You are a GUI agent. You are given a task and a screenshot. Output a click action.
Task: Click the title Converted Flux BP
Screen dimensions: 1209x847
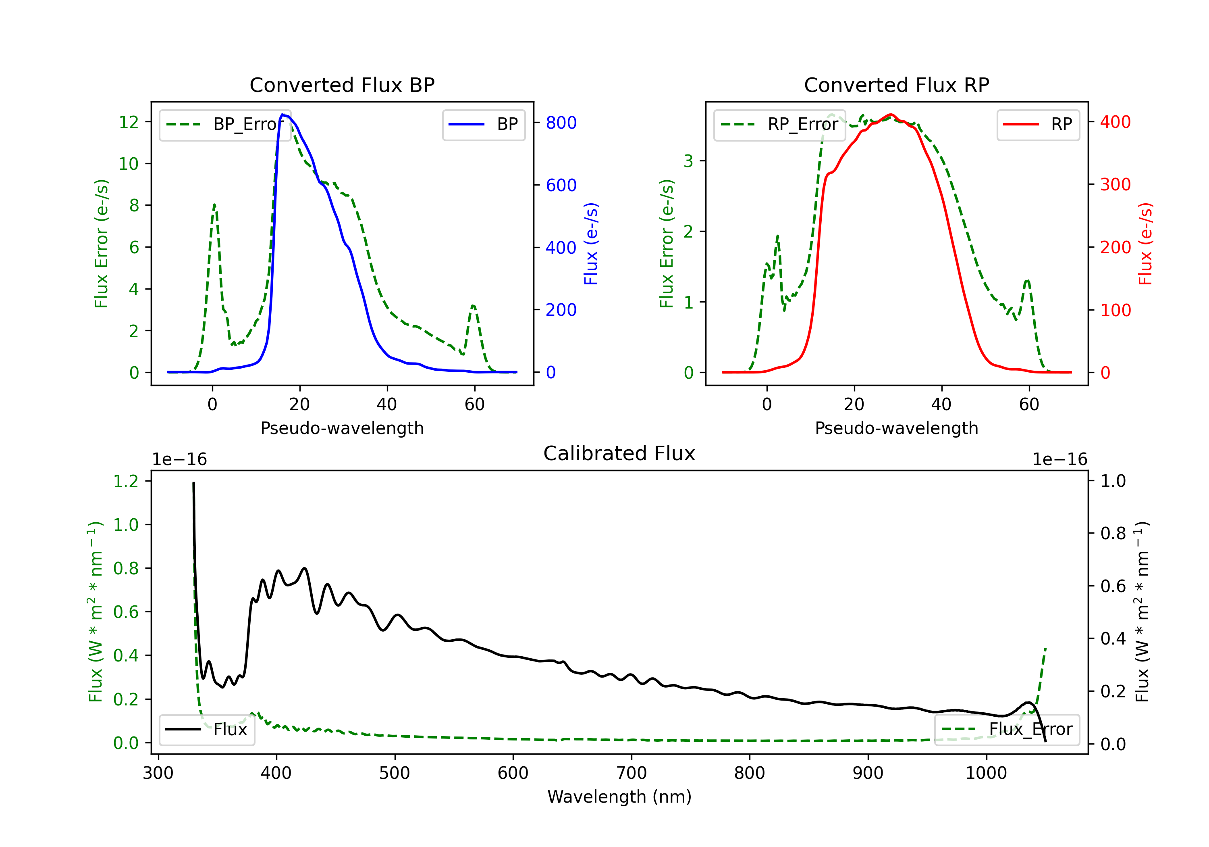click(x=342, y=85)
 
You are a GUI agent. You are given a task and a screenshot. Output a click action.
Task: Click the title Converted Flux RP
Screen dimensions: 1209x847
click(x=896, y=85)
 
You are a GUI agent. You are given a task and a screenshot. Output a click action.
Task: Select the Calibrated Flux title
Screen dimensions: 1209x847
click(x=619, y=453)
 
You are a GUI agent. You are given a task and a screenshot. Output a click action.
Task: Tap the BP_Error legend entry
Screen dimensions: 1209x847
click(x=225, y=124)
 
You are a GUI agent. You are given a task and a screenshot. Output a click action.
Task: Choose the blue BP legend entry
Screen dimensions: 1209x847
click(x=483, y=124)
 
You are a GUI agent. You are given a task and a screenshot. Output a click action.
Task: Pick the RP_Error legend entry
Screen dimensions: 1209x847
click(x=779, y=124)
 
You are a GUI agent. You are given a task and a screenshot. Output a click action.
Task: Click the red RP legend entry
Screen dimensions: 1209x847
click(x=1038, y=124)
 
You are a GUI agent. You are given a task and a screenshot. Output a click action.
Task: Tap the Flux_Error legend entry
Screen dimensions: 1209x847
click(x=1007, y=730)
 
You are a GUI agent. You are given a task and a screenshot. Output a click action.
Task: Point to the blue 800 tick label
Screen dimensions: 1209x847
click(x=561, y=123)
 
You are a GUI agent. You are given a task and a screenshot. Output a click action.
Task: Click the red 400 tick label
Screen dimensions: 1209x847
click(x=1115, y=122)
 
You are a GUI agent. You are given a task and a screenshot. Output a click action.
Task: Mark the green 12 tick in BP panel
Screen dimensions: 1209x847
click(x=129, y=122)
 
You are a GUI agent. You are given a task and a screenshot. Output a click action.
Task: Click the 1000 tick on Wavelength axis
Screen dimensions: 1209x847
click(x=986, y=773)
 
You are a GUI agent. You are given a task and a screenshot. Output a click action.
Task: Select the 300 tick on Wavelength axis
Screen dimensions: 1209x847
click(x=158, y=773)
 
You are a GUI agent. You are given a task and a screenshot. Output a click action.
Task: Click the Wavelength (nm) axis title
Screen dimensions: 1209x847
click(x=619, y=797)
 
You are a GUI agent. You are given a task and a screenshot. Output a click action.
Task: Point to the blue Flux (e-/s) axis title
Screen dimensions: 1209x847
click(x=591, y=244)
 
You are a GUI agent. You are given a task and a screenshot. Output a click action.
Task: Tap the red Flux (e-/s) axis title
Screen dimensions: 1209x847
click(x=1145, y=244)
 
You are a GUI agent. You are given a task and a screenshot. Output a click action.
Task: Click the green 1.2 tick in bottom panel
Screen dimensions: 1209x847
click(x=126, y=481)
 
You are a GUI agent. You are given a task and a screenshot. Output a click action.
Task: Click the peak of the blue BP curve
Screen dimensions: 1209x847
click(x=283, y=115)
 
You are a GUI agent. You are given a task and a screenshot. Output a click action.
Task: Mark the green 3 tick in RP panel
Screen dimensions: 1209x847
click(x=688, y=161)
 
